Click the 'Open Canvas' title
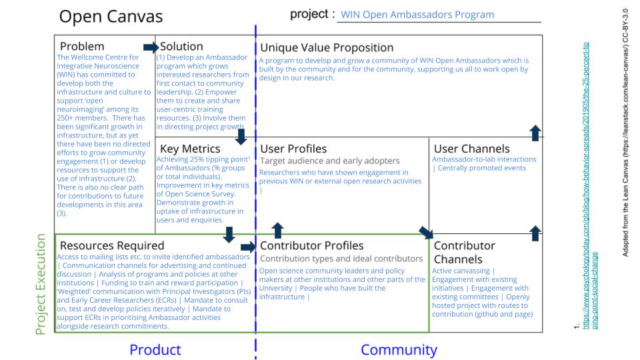[x=111, y=17]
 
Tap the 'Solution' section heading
[x=181, y=47]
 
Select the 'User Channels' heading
[x=471, y=149]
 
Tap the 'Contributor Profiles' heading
[x=312, y=246]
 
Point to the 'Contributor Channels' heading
[x=464, y=252]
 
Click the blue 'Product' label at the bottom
[x=155, y=349]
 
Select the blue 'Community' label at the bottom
[x=399, y=349]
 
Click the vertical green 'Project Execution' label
[x=41, y=284]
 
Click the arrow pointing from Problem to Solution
[x=151, y=47]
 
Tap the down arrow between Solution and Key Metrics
[x=241, y=137]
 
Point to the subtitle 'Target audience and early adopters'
[x=329, y=161]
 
